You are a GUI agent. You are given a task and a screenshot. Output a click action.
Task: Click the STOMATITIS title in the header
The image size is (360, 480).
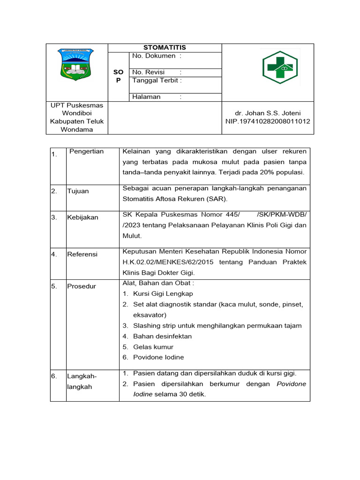pos(165,47)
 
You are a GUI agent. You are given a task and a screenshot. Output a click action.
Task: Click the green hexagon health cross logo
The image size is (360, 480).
pos(279,67)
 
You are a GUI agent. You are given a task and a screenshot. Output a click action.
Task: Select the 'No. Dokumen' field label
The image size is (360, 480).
pos(154,56)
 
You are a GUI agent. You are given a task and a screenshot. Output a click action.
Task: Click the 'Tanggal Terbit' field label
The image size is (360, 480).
pos(157,80)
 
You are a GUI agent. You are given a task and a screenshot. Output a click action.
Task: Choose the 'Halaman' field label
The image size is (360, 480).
pos(147,97)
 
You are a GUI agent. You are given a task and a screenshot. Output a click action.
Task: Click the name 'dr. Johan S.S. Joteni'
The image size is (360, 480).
pos(268,113)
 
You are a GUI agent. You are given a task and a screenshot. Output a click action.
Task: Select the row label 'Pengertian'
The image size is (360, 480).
pos(86,151)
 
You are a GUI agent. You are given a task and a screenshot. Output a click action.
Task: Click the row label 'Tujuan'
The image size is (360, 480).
pos(78,191)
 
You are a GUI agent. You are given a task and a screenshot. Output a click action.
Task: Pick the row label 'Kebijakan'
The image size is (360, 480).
pos(82,217)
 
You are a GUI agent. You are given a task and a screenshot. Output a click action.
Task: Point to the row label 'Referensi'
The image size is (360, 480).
pos(82,254)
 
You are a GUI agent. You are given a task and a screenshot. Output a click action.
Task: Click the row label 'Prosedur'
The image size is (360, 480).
pos(81,286)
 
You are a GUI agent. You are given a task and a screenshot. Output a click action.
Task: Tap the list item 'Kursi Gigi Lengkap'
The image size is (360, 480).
pos(163,294)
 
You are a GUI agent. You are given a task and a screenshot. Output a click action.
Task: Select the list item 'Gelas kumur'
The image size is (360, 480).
pos(153,347)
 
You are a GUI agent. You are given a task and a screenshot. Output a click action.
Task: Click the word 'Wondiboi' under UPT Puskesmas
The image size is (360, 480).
pos(77,113)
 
